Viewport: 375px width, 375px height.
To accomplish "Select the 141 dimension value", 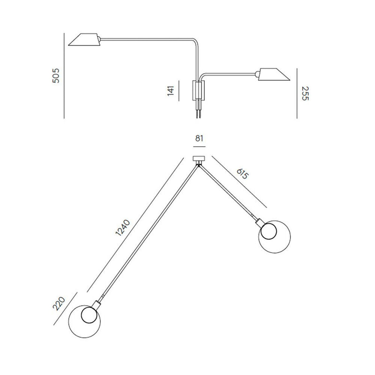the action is click(x=171, y=90).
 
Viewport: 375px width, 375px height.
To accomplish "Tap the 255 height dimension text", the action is click(x=305, y=93).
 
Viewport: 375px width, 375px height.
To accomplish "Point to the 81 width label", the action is click(x=199, y=138).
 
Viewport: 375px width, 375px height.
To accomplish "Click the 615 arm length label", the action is click(x=243, y=173).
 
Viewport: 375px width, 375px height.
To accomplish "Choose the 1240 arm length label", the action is click(x=123, y=227).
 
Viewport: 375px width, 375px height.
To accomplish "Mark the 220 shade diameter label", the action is click(x=59, y=303).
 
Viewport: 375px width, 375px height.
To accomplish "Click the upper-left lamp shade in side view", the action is click(x=85, y=39).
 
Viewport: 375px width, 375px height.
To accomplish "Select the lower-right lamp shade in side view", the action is click(x=273, y=74).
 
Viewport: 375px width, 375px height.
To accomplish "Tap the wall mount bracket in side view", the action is click(x=199, y=90).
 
